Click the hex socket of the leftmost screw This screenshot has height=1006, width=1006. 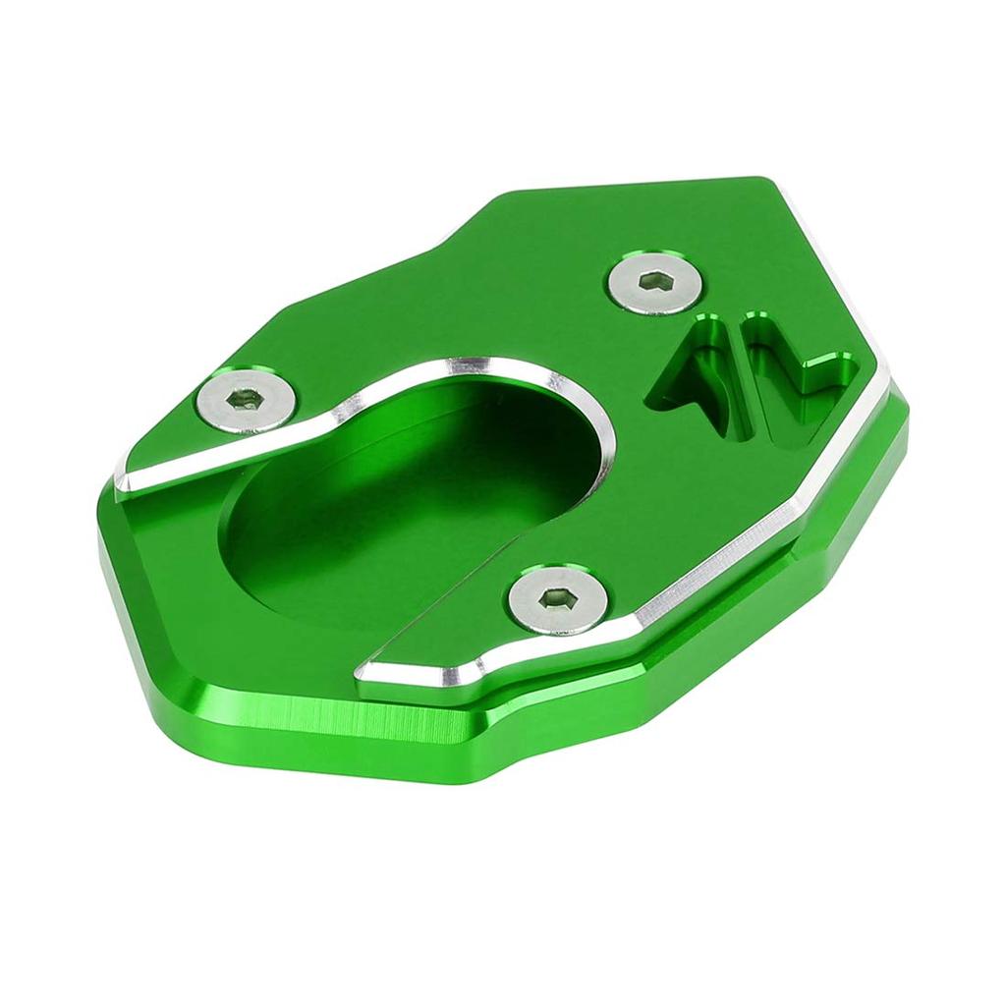(245, 399)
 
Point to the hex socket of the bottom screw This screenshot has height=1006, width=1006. (557, 597)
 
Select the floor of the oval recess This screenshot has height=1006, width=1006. (393, 531)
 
